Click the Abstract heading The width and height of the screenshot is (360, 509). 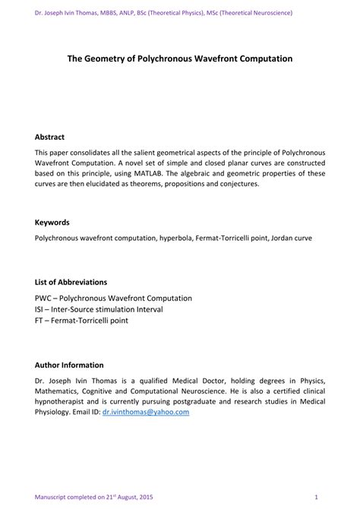pos(49,138)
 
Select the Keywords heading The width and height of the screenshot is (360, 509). pos(52,223)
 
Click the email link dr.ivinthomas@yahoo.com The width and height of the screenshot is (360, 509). pos(145,411)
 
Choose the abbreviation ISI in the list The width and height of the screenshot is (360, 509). pos(40,309)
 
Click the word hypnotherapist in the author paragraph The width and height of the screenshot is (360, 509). pos(65,400)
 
